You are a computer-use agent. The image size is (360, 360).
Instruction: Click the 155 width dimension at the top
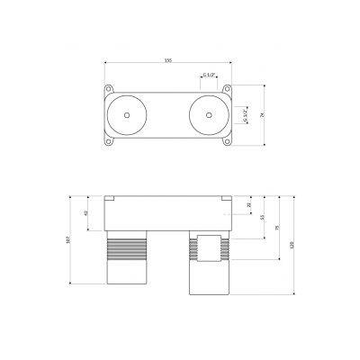tap(167, 60)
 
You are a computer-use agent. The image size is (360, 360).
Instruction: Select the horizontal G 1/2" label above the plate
tap(208, 76)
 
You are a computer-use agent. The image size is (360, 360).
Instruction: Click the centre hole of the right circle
tap(209, 115)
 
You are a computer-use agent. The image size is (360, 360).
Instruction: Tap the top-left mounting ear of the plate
tap(110, 88)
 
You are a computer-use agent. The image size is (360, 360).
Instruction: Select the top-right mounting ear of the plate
tap(229, 88)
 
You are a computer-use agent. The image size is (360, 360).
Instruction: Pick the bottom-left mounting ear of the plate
tap(110, 142)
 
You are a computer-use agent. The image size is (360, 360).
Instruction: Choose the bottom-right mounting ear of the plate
tap(229, 142)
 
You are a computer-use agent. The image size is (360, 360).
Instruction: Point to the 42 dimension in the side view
tap(85, 214)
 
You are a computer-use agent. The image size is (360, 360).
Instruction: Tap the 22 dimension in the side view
tap(249, 205)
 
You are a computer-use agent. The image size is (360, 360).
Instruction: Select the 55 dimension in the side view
tap(262, 218)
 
